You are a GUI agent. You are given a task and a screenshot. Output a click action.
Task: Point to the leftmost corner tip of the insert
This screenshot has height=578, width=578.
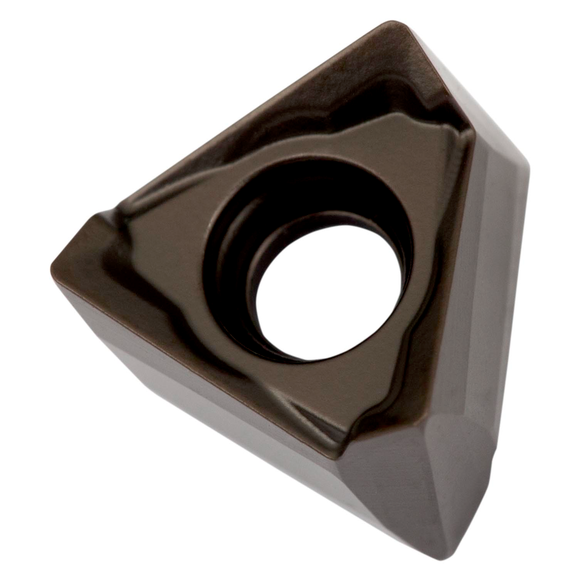coord(54,266)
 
